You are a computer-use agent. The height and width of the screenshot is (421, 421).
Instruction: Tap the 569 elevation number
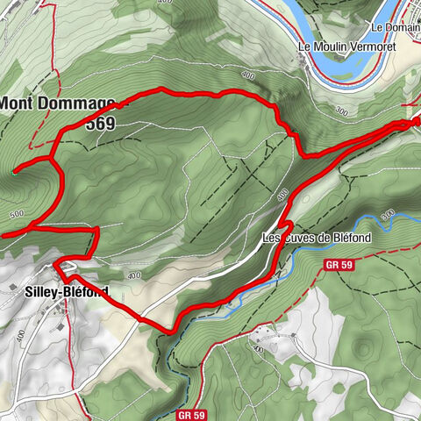tap(101, 123)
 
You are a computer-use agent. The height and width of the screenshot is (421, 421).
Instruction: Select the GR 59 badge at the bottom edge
tap(190, 414)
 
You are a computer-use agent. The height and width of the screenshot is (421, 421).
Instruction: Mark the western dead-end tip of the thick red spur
tap(17, 171)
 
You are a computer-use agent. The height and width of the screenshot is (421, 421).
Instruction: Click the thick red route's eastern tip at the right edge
tap(416, 122)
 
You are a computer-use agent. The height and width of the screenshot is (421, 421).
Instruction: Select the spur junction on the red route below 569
tap(54, 160)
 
